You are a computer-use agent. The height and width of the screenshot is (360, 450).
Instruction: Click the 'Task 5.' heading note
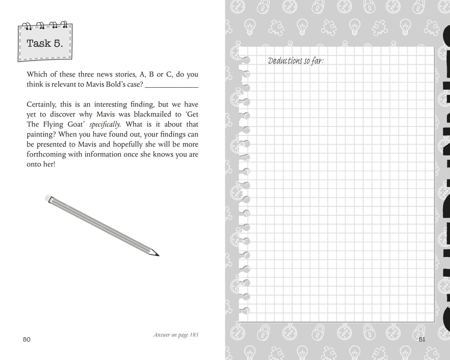tap(45, 44)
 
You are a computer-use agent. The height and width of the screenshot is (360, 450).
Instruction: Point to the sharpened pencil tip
tap(157, 254)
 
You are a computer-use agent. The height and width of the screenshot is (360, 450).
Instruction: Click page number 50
tap(27, 339)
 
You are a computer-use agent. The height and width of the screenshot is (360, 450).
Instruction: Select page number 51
tap(422, 339)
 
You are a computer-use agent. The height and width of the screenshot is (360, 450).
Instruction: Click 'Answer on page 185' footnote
tap(176, 335)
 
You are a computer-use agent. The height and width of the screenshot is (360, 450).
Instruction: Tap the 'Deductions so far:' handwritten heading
tap(296, 61)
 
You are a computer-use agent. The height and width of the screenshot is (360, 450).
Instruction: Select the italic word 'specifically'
tap(105, 124)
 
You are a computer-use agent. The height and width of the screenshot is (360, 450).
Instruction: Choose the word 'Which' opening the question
tap(36, 75)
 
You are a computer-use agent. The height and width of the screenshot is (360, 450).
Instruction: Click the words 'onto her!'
tap(41, 164)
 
